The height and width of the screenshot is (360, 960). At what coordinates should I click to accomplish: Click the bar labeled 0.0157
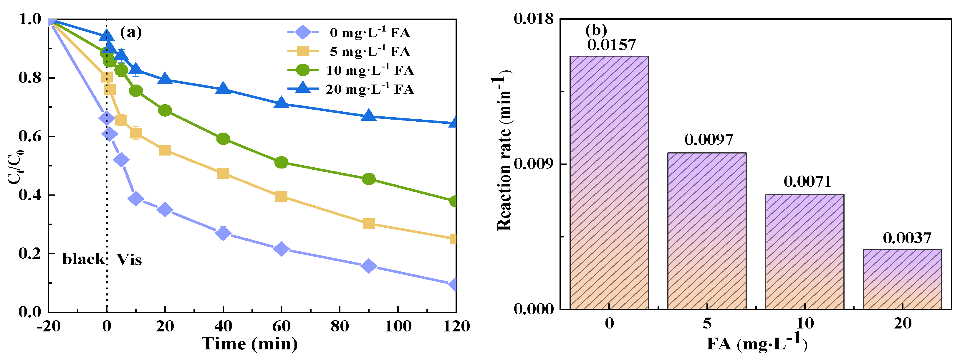click(609, 183)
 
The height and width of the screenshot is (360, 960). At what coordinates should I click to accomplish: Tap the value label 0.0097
click(709, 140)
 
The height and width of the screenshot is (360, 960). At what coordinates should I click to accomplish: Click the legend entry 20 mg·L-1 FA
click(369, 89)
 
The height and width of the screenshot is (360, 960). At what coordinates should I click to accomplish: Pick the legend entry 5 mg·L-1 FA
click(369, 52)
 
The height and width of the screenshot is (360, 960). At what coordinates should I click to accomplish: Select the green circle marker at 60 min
click(281, 163)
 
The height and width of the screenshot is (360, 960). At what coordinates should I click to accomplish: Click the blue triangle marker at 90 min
click(369, 115)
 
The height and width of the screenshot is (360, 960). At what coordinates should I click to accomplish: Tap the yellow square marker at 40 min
click(223, 173)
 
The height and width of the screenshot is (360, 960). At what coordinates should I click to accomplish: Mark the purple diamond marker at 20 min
click(165, 210)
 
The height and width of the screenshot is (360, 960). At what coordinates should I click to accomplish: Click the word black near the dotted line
click(83, 259)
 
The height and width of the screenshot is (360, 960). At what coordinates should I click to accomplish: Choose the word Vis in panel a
click(129, 259)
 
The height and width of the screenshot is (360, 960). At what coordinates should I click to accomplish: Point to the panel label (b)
click(596, 30)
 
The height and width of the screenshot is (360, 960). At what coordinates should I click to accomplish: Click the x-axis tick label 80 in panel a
click(340, 326)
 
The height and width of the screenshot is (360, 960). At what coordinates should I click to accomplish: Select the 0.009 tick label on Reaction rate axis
click(534, 164)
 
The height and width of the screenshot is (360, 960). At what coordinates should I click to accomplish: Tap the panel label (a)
click(130, 32)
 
